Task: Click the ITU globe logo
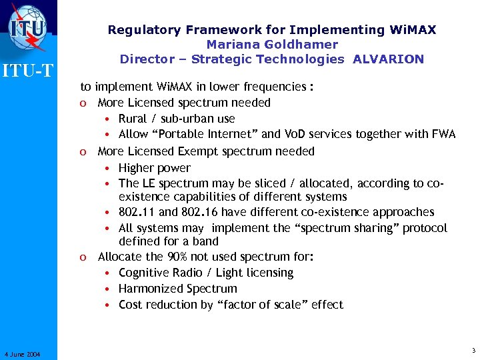tap(28, 26)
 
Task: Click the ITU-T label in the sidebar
tap(28, 69)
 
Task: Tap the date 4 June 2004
tap(22, 354)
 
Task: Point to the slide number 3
tap(473, 351)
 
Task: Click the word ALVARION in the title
tap(388, 59)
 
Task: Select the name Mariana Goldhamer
tap(272, 44)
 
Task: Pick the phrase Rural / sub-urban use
tap(177, 118)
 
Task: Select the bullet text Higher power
tap(154, 168)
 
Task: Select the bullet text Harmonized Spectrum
tap(177, 289)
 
